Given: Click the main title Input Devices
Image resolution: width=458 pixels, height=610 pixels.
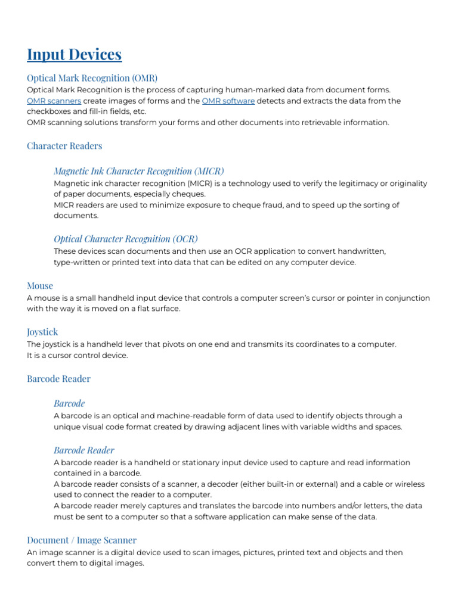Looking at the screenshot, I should (x=74, y=55).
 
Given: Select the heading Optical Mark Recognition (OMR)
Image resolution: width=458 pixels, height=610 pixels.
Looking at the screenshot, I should (x=92, y=78).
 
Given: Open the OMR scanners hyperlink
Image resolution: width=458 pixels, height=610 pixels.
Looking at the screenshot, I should (x=54, y=101).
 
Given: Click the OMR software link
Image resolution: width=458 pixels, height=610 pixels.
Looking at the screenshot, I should (x=228, y=101).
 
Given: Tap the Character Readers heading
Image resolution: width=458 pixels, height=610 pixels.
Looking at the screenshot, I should (x=64, y=146).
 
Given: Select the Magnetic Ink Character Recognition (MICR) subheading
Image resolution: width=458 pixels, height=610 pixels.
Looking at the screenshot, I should (x=139, y=172).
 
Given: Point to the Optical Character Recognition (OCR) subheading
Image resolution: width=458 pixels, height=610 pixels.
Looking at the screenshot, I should (x=126, y=239).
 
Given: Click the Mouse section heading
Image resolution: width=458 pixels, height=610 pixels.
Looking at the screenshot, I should (x=40, y=286).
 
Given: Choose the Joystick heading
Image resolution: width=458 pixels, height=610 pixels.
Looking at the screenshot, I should (x=42, y=332).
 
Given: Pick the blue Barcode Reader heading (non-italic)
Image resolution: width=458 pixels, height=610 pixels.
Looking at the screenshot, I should (x=58, y=379).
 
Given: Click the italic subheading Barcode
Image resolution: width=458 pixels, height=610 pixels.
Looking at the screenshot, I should (x=69, y=404).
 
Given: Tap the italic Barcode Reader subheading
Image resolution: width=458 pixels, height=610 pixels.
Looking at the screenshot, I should (x=83, y=450).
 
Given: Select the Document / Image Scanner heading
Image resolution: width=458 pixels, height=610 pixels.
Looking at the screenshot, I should (x=82, y=540).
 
